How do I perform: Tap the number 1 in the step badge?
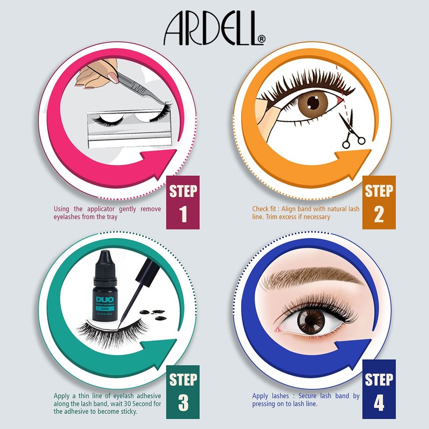click(183, 213)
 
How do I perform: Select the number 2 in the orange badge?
click(379, 213)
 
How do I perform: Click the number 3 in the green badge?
click(183, 402)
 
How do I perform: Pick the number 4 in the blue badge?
click(379, 402)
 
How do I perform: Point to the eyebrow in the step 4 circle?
click(311, 278)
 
